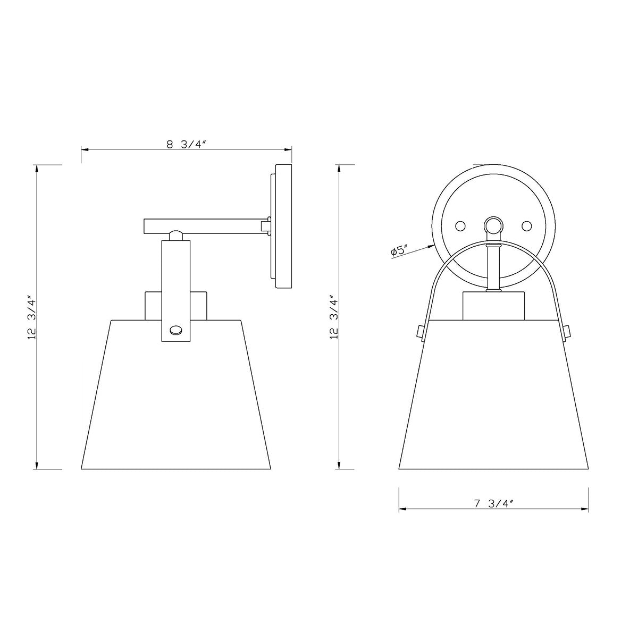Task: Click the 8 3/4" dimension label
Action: (187, 145)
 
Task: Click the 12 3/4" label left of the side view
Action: (32, 318)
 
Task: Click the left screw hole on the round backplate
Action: (460, 226)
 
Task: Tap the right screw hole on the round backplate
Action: (526, 226)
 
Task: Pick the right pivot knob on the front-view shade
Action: (566, 332)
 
